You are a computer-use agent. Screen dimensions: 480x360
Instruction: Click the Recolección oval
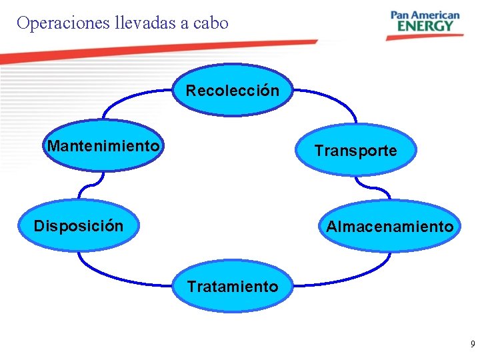(233, 90)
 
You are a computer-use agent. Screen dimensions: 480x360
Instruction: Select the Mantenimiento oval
(103, 145)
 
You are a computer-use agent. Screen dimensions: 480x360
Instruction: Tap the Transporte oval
(355, 150)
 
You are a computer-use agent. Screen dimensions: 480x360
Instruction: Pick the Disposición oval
(79, 226)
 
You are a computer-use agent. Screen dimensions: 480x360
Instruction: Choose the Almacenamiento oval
(389, 227)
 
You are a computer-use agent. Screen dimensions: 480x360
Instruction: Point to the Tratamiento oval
(233, 287)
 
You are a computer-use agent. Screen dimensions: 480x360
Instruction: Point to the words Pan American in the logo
(425, 15)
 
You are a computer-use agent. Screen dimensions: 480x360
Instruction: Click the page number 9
(473, 345)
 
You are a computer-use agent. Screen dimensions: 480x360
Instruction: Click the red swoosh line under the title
(160, 50)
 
